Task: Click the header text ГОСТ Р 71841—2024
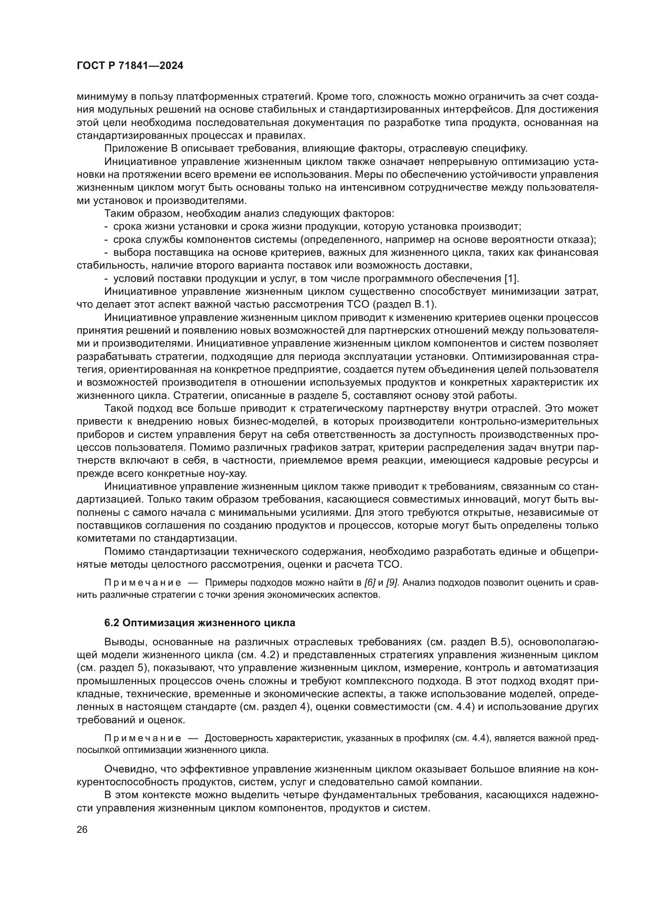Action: (x=130, y=66)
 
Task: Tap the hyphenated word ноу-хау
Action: (x=229, y=474)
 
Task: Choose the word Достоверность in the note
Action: (x=232, y=738)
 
